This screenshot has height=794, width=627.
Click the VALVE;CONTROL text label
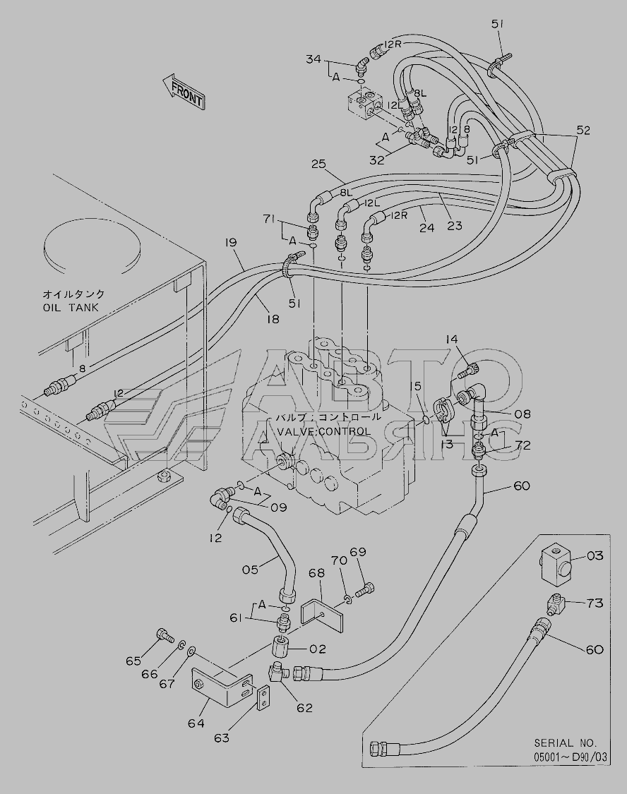323,431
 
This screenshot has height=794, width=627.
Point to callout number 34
313,61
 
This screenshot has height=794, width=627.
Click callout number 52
583,130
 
